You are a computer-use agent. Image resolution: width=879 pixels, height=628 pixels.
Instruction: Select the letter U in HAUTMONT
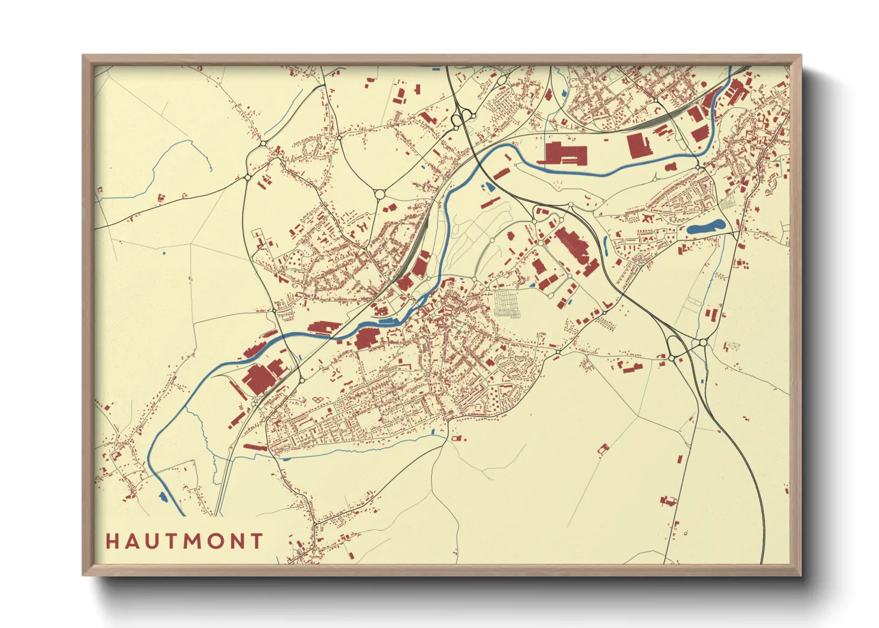pyautogui.click(x=151, y=541)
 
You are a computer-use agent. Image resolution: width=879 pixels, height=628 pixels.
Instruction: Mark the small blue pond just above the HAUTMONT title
pyautogui.click(x=163, y=497)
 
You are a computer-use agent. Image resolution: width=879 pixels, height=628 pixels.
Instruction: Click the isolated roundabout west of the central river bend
pyautogui.click(x=379, y=194)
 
